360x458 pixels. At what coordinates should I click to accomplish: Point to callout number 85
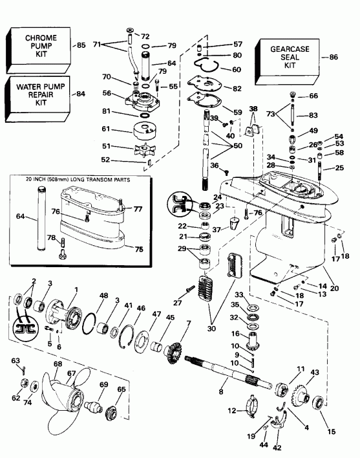(81, 45)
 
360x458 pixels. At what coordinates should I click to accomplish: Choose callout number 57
(220, 44)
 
